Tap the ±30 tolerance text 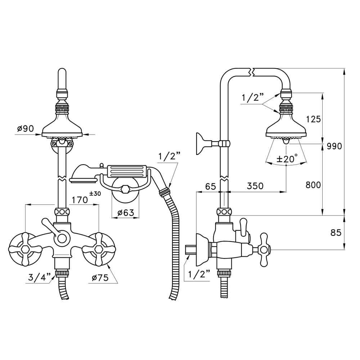95,194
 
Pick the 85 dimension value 335,233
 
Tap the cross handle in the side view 264,249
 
